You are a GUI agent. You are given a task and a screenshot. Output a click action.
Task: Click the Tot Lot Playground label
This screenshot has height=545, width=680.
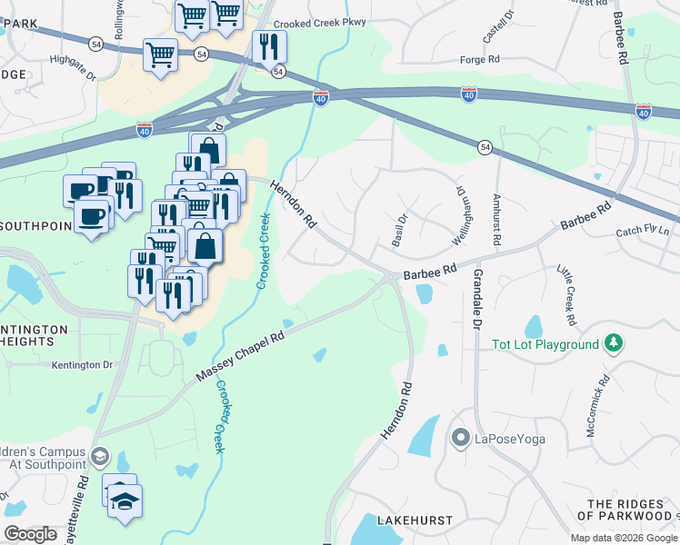pos(545,344)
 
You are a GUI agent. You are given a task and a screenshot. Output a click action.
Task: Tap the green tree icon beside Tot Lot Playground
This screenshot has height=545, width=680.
pos(615,342)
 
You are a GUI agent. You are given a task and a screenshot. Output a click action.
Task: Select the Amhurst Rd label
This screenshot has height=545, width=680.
pos(496,220)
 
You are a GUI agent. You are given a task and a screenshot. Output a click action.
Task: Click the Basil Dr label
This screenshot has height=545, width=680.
pos(398,230)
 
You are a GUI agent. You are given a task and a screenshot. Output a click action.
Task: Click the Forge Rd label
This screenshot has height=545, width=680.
pos(480,59)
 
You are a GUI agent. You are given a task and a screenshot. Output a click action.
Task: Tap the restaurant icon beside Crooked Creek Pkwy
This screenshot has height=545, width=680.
pos(269,46)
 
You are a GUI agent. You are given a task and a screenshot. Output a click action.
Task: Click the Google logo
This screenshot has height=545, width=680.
pos(30,534)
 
